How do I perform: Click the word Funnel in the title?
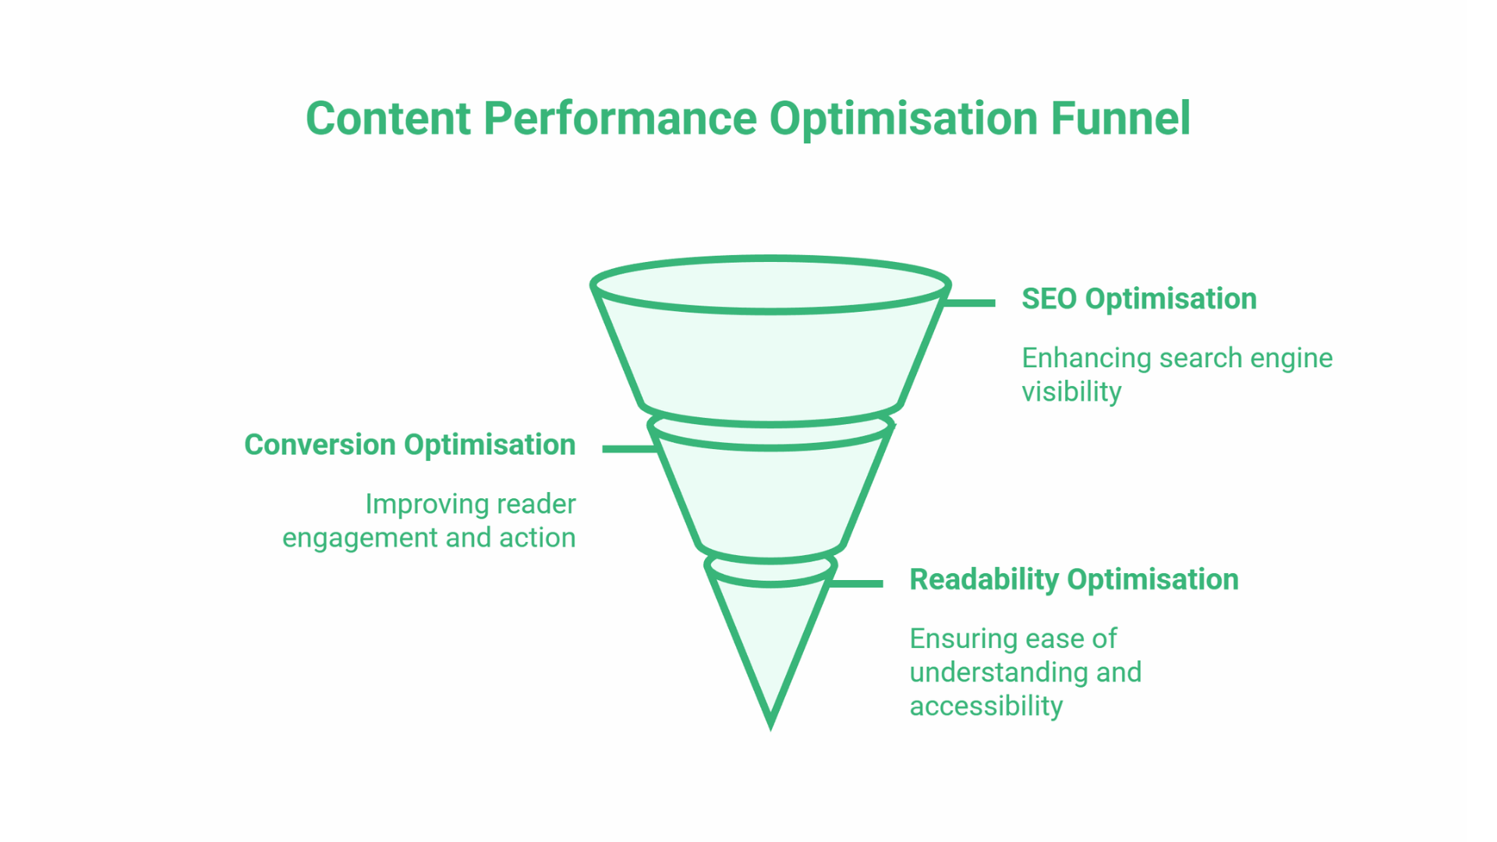click(x=1120, y=119)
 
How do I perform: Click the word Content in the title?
click(x=388, y=119)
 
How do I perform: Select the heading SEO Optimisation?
click(x=1138, y=299)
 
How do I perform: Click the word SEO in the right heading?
click(x=1049, y=299)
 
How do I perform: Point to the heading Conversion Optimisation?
click(x=409, y=444)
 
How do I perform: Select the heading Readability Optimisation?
click(x=1074, y=579)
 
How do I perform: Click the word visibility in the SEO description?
click(x=1071, y=391)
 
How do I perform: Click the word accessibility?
click(x=986, y=706)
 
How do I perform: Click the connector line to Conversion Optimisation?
click(x=629, y=448)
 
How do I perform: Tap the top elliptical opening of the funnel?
click(x=770, y=285)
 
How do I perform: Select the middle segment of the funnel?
click(x=770, y=499)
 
